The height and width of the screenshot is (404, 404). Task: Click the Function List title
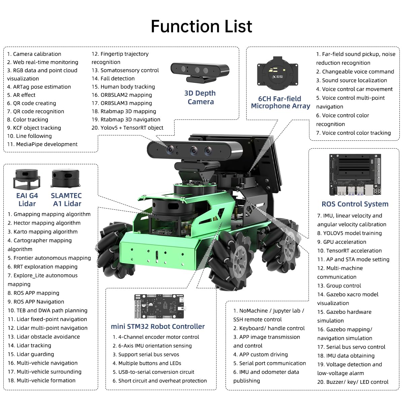click(201, 26)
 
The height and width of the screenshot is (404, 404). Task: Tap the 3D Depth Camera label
click(200, 97)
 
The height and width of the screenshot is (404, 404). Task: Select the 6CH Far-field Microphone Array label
click(280, 102)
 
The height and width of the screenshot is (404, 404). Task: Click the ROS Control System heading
click(355, 204)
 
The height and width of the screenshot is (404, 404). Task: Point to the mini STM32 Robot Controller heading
click(158, 326)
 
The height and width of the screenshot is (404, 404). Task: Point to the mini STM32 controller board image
click(159, 306)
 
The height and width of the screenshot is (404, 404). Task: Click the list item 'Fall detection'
click(113, 78)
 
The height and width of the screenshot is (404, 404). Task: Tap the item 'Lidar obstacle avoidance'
click(44, 337)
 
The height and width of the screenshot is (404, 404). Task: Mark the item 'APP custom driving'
click(261, 355)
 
